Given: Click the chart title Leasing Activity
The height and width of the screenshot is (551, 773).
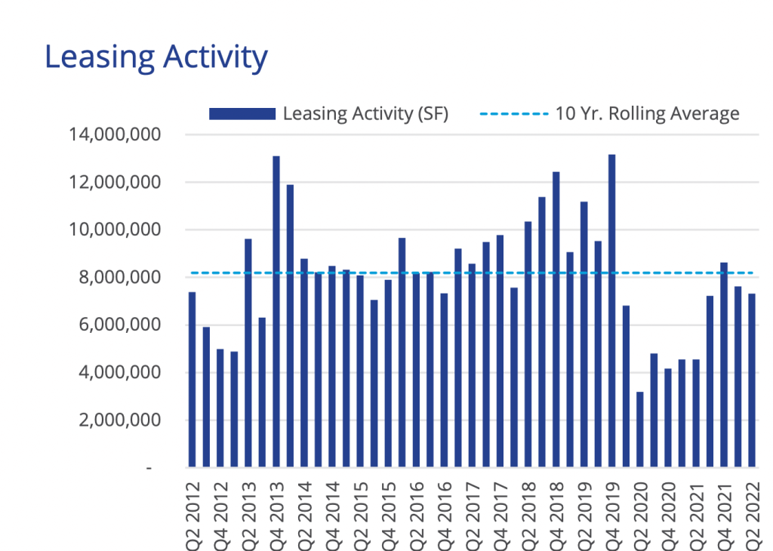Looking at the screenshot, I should tap(156, 57).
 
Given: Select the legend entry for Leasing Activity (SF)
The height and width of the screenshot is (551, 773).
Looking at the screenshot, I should tap(365, 114).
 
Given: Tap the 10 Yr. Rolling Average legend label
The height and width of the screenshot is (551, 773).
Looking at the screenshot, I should tap(647, 114).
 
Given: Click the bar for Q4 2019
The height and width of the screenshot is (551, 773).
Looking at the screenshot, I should tap(611, 310).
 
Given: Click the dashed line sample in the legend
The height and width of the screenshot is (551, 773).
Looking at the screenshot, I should tap(513, 114).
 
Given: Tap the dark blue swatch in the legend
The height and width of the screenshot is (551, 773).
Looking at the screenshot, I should tap(242, 114).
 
